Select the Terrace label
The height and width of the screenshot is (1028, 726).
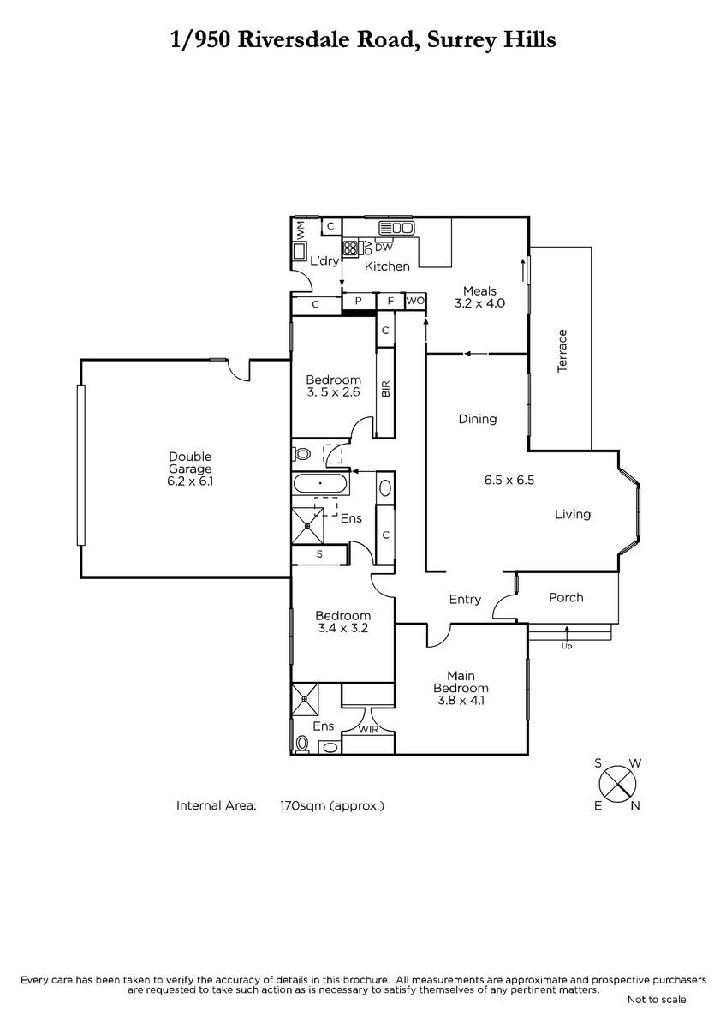(x=562, y=350)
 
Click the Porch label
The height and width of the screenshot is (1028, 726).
(x=566, y=598)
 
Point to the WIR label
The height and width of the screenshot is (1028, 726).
(x=368, y=729)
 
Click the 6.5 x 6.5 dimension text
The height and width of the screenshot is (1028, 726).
(x=509, y=480)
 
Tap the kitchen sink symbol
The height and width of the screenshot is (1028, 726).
(x=396, y=228)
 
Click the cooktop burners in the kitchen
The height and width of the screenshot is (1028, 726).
(x=350, y=248)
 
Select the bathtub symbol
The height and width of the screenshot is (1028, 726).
(x=320, y=484)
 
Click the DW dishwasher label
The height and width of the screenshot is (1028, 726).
(x=384, y=248)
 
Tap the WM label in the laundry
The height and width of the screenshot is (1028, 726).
(x=301, y=230)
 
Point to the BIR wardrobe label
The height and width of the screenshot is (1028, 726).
(x=385, y=389)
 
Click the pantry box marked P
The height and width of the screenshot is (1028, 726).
(x=359, y=301)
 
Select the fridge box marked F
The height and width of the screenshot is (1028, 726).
(x=390, y=301)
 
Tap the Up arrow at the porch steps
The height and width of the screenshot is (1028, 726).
(x=567, y=633)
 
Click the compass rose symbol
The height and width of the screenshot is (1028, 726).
(x=617, y=785)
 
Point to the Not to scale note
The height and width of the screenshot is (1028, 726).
(x=657, y=999)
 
